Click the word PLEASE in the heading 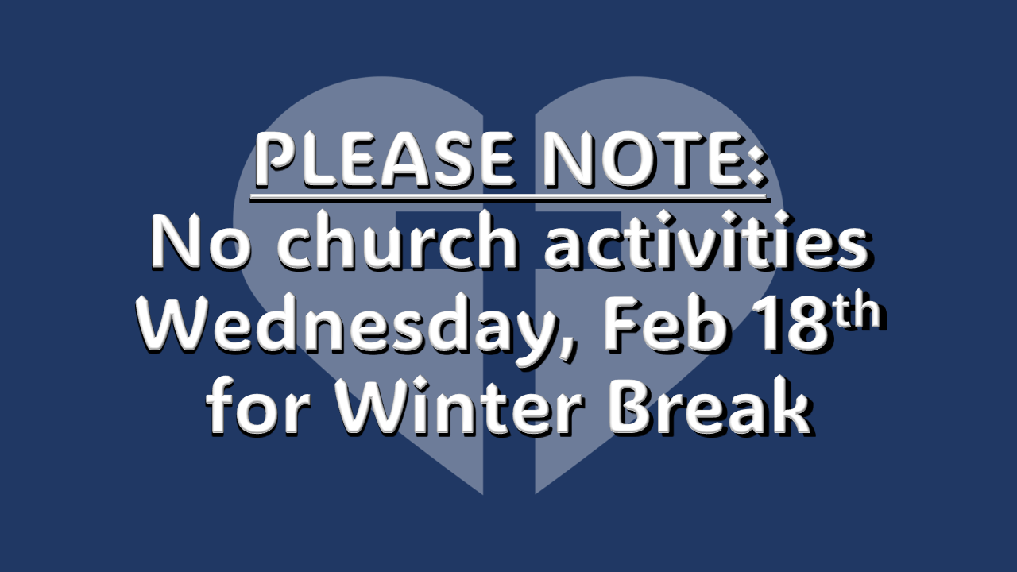pos(385,160)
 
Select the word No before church pos(200,241)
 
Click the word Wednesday pos(348,323)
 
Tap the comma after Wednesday pos(568,349)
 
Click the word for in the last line pos(258,404)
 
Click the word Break pos(710,405)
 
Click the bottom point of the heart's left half pos(482,493)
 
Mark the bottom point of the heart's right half pos(536,493)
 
